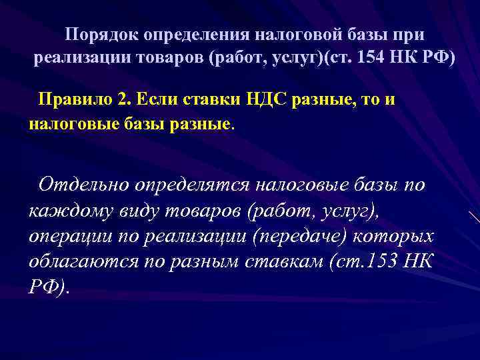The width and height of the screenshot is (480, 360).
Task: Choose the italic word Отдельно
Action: (83, 183)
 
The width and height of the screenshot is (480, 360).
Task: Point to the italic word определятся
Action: (190, 185)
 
